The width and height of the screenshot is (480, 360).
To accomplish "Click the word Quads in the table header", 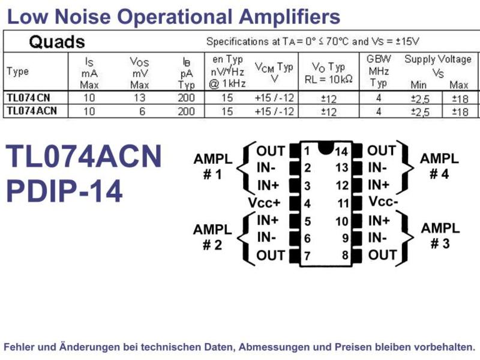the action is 56,41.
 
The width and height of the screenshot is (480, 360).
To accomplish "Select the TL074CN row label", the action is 28,98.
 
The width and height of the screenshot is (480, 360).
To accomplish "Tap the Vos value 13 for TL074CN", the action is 139,98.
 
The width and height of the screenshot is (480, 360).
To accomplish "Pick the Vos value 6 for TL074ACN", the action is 142,111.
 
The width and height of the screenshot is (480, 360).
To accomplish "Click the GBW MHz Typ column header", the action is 379,71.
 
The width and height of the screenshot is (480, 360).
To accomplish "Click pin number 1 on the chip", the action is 307,151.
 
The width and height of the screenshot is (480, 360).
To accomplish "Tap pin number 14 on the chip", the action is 341,152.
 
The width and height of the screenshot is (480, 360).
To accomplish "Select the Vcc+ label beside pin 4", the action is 265,203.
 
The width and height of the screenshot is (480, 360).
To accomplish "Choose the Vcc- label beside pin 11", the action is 383,202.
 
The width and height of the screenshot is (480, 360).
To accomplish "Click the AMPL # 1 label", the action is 213,167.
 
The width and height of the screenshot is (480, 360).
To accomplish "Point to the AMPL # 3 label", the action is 440,236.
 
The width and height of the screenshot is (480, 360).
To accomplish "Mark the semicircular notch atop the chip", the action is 325,147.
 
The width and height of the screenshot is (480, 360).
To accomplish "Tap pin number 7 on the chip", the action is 307,256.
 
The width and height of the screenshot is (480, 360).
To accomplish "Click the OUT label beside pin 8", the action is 383,254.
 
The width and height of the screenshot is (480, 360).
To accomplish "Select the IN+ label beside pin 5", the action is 268,220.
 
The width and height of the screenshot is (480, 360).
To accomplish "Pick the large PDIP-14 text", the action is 64,191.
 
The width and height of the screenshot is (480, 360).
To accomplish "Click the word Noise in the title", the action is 82,17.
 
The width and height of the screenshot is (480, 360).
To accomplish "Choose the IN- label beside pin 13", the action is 377,168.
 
